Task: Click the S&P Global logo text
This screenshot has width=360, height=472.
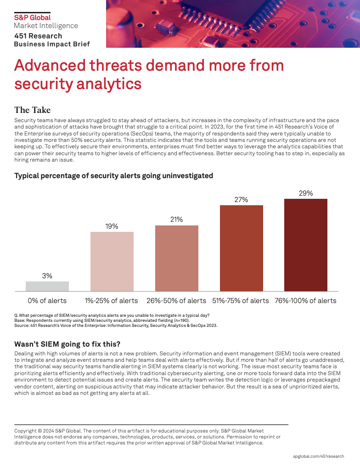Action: coord(32,17)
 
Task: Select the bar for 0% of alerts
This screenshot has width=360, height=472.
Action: coord(47,286)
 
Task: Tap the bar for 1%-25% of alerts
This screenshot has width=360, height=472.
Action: coord(112,261)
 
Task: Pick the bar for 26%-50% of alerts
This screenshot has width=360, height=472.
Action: coord(177,258)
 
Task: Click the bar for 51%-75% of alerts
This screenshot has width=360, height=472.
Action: coord(242,248)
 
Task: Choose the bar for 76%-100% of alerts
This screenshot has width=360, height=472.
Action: coord(306,245)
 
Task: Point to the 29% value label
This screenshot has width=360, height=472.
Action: coord(306,193)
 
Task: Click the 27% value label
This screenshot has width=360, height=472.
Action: coord(241,200)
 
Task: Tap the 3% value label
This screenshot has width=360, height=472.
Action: coord(47,276)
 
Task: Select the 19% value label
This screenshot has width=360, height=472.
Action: coord(112,226)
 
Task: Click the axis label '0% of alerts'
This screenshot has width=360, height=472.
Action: coord(47,301)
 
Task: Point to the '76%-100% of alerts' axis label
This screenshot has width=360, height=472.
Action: coord(306,301)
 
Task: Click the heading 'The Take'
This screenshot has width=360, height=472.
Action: coord(32,110)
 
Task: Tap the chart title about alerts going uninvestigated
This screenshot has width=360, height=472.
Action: coord(113,175)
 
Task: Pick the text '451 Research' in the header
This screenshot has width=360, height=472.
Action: coord(38,36)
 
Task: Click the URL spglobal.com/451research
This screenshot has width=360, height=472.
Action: coord(318,456)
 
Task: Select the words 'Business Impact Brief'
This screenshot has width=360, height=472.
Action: coord(52,44)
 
